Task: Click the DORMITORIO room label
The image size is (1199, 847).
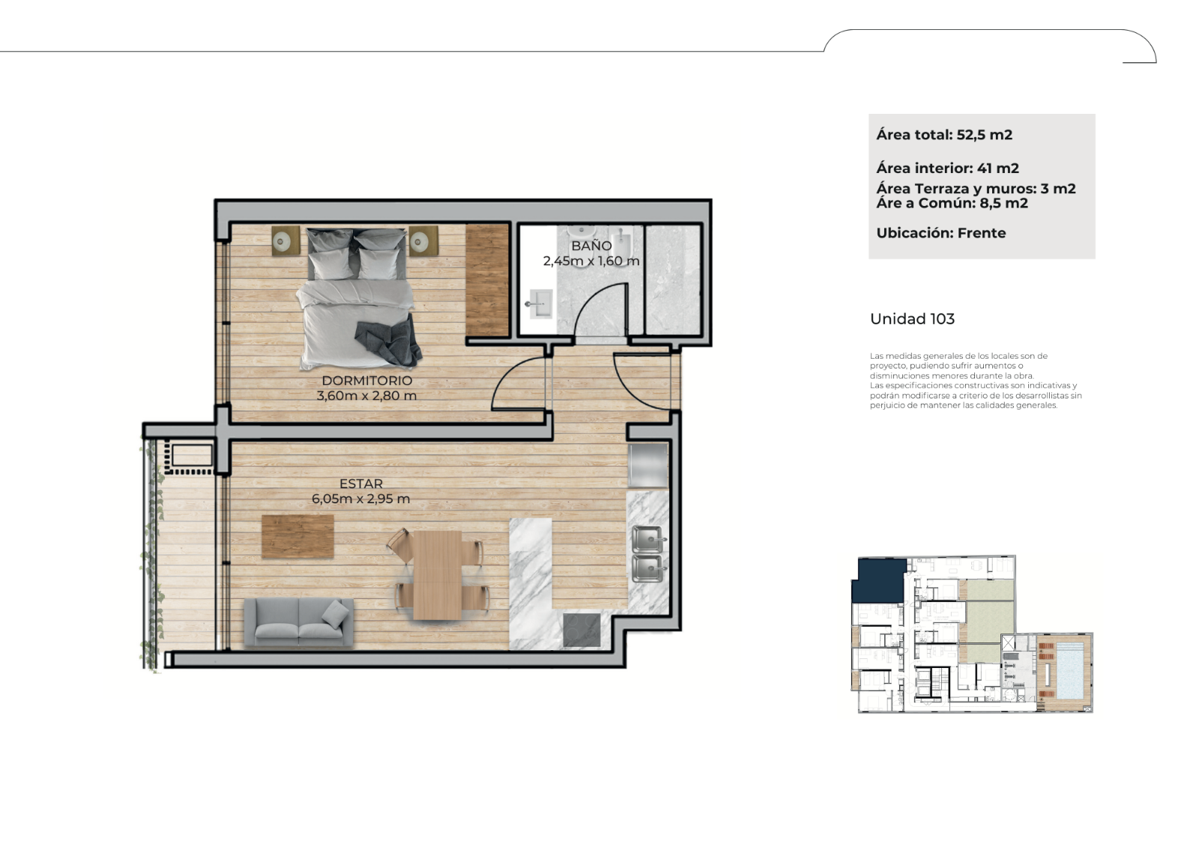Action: [x=366, y=380]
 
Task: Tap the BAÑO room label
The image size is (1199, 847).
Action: [x=591, y=246]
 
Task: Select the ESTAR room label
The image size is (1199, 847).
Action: [x=361, y=484]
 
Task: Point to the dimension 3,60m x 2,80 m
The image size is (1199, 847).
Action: [x=366, y=396]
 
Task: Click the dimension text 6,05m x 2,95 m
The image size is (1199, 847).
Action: [x=360, y=499]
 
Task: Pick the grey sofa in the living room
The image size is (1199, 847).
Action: [x=299, y=622]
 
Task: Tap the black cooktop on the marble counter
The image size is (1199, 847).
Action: [x=582, y=630]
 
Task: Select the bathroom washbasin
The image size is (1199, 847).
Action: [x=540, y=304]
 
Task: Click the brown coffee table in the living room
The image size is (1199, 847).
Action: [x=298, y=537]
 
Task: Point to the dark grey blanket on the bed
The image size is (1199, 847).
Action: [x=390, y=339]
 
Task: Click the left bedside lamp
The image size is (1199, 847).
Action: [x=286, y=242]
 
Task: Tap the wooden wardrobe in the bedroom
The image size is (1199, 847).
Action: [x=486, y=280]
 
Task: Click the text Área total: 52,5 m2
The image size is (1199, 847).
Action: [x=944, y=135]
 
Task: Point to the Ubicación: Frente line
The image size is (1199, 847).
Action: [x=941, y=233]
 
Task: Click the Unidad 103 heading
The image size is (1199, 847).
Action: [x=912, y=319]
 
